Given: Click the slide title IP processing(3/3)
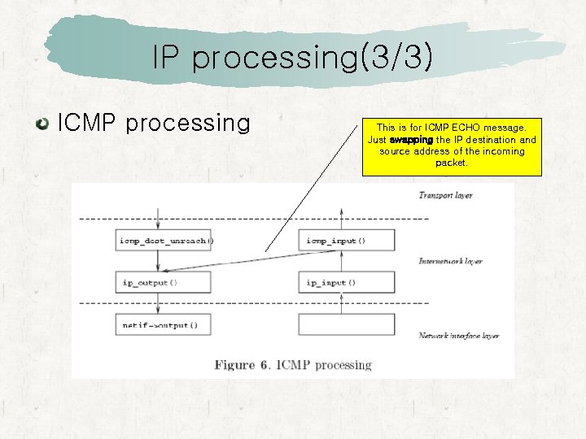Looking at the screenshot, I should pos(292,58).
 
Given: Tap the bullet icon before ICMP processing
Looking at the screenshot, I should pos(41,124).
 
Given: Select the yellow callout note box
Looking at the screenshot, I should pos(451,146).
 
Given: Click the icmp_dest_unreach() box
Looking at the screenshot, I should pos(164,240).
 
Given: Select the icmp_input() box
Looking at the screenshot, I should pos(348,240).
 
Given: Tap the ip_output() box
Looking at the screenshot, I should pos(164,283).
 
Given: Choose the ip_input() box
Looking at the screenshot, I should pos(348,283).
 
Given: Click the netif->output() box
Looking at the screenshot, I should pos(164,325).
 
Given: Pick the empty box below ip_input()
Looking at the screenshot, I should pos(348,325).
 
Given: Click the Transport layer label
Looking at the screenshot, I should pos(445,195).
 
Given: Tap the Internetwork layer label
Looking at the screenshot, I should pos(450,261).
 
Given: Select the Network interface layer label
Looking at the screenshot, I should pos(459,336).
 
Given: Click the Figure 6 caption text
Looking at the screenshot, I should pos(293,365).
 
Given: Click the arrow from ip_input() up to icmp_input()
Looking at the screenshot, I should pos(342,262).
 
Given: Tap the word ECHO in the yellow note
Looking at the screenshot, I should pos(464,128).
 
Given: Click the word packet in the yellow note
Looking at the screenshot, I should pos(451,163).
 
